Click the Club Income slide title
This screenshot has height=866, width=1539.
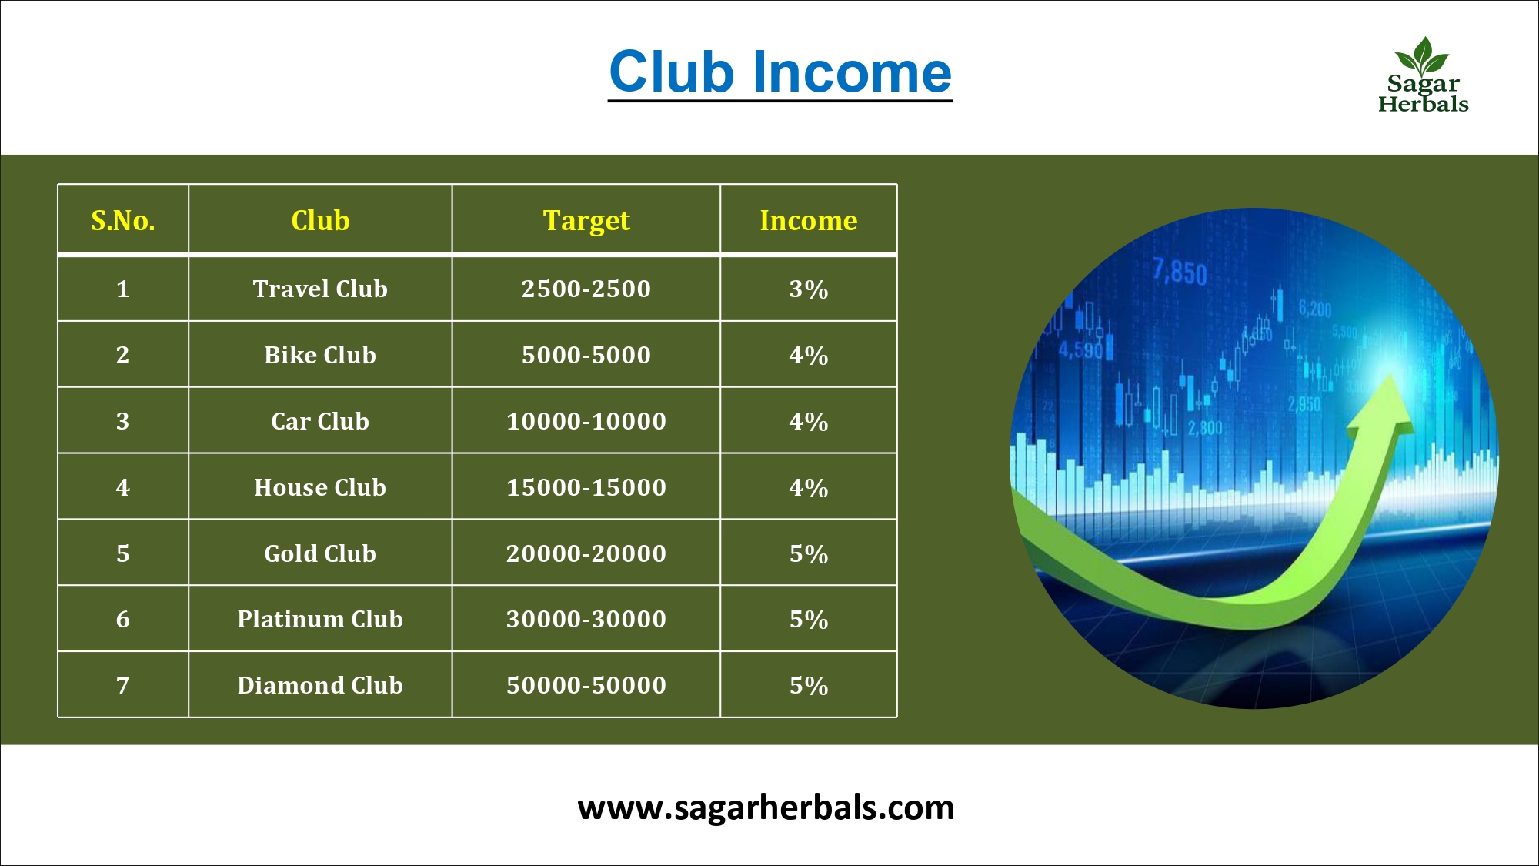tap(780, 72)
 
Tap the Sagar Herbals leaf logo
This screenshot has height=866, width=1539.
tap(1423, 75)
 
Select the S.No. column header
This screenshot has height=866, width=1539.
tap(123, 220)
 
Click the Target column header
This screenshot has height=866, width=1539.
tap(586, 221)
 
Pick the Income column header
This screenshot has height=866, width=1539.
tap(809, 220)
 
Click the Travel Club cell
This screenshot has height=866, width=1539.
tap(320, 289)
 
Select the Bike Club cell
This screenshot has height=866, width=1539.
tap(320, 355)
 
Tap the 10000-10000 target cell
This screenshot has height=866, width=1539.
tap(586, 421)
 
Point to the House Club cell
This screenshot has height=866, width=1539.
tap(320, 487)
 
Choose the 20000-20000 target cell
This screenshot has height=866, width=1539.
tap(586, 553)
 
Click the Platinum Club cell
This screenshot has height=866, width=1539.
tap(320, 619)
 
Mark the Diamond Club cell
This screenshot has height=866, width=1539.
tap(320, 685)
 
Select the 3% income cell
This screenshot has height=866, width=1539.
tap(809, 289)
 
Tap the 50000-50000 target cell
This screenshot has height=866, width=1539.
tap(586, 685)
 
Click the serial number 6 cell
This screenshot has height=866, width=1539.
tap(123, 619)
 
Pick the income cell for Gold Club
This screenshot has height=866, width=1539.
tap(809, 553)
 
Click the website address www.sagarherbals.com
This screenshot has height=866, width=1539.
tap(766, 807)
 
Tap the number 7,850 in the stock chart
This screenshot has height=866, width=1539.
tap(1180, 273)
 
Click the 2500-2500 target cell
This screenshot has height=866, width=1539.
tap(586, 289)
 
